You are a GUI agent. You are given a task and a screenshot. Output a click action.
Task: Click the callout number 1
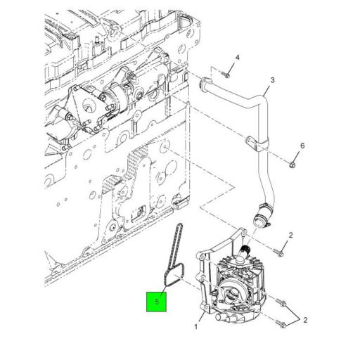point(196,326)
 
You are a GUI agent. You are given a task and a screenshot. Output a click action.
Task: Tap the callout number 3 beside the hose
point(272,80)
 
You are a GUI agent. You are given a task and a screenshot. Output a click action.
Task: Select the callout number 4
point(238,58)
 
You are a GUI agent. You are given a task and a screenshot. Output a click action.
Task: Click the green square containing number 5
point(156,302)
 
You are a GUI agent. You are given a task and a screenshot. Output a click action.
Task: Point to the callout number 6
point(302,146)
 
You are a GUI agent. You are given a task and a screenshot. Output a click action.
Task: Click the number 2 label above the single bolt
point(290,235)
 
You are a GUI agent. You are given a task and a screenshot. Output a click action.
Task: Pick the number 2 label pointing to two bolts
point(305,320)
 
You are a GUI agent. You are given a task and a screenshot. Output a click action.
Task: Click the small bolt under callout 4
point(226,75)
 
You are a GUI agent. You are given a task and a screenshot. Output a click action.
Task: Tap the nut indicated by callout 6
point(292,165)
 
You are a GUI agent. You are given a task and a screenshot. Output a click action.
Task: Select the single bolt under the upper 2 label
point(278,252)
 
